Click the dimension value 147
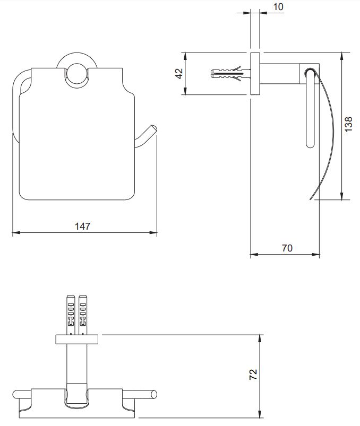point(82,226)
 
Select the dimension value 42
point(179,73)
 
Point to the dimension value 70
point(287,248)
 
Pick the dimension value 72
point(253,375)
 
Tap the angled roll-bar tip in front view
point(152,129)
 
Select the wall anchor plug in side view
point(228,74)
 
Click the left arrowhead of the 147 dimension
point(14,232)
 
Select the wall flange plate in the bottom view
point(76,339)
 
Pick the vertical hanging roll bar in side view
point(310,114)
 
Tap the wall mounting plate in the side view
point(255,74)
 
